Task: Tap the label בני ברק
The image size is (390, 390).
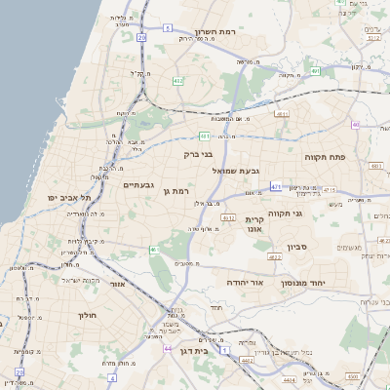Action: tap(198, 153)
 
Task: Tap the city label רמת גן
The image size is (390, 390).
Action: tap(173, 190)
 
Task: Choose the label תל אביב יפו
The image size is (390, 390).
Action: tap(70, 197)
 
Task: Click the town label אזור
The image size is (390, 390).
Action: tap(117, 285)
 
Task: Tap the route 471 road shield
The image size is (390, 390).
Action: tap(277, 185)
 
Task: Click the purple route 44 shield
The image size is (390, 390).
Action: tap(168, 348)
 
